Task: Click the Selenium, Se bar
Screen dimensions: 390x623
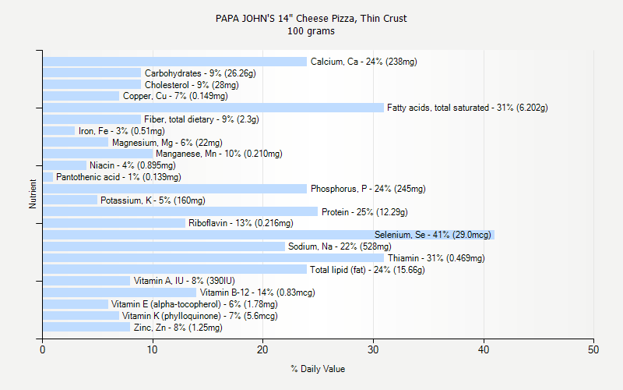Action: pos(269,235)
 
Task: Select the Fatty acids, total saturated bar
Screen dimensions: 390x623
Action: pos(213,108)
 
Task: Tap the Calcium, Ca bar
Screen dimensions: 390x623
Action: pos(174,62)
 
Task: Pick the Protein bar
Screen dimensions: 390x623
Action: pos(180,212)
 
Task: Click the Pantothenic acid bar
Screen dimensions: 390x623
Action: pos(48,177)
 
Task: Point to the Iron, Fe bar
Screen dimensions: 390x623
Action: pos(58,131)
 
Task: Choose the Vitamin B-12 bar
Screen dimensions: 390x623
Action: pos(119,292)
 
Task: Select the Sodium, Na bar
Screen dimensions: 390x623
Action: pos(164,246)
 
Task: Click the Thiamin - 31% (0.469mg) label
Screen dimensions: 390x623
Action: pos(436,258)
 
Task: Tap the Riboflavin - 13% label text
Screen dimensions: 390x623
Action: pos(241,223)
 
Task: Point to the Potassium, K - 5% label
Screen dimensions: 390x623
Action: pos(153,200)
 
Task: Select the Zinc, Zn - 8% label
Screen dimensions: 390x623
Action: pos(178,328)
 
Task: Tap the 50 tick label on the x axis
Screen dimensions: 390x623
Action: pos(593,349)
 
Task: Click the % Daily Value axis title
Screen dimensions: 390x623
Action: pos(318,369)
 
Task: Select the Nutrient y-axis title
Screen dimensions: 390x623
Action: pos(33,194)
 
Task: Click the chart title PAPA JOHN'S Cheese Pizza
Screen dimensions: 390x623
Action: pos(311,18)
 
